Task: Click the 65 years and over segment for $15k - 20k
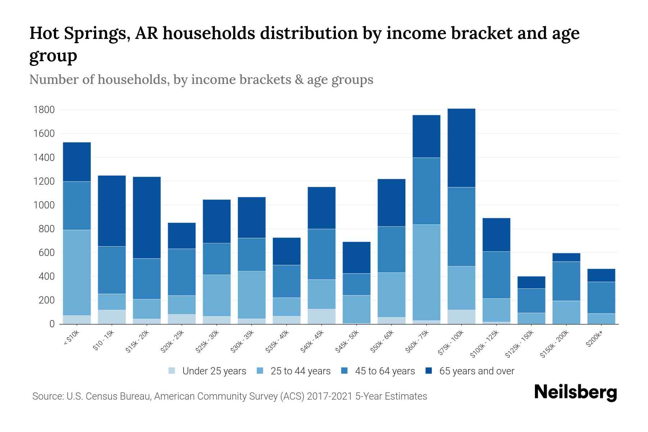pyautogui.click(x=147, y=217)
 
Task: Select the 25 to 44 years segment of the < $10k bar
pyautogui.click(x=77, y=273)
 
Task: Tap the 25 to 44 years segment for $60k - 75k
pyautogui.click(x=426, y=273)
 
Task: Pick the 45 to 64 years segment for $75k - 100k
pyautogui.click(x=461, y=227)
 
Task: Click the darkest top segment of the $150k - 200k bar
pyautogui.click(x=566, y=257)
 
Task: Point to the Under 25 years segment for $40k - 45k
pyautogui.click(x=321, y=316)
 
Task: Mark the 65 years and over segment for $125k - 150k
pyautogui.click(x=531, y=282)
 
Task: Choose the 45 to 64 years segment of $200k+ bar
pyautogui.click(x=601, y=298)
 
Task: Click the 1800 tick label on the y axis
pyautogui.click(x=44, y=110)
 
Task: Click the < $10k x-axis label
pyautogui.click(x=71, y=338)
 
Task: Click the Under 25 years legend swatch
pyautogui.click(x=172, y=370)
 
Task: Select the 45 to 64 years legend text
pyautogui.click(x=385, y=371)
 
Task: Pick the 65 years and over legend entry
pyautogui.click(x=470, y=371)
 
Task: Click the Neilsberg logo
pyautogui.click(x=575, y=392)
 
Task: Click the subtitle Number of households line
pyautogui.click(x=201, y=80)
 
